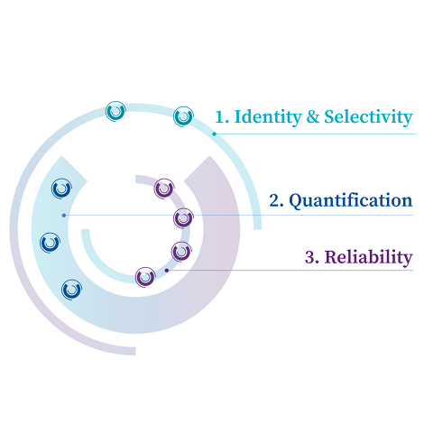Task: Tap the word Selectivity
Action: (x=368, y=116)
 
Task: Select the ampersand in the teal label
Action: (x=313, y=116)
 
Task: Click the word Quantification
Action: (x=351, y=201)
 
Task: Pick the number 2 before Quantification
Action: (x=276, y=201)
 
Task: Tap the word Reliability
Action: (x=368, y=257)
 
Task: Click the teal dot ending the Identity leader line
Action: (x=214, y=134)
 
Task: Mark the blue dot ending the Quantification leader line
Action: (x=64, y=216)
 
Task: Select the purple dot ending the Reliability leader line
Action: (x=167, y=271)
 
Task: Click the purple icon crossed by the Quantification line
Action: (x=183, y=218)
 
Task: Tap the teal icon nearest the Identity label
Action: (x=183, y=116)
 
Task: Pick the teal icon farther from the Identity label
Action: (x=115, y=111)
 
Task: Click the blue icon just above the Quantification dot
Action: (x=61, y=189)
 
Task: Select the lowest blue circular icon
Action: (x=71, y=290)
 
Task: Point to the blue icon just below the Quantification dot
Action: (x=50, y=243)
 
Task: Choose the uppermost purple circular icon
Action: (x=164, y=189)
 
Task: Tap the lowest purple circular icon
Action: (x=145, y=277)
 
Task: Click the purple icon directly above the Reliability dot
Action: (x=181, y=252)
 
